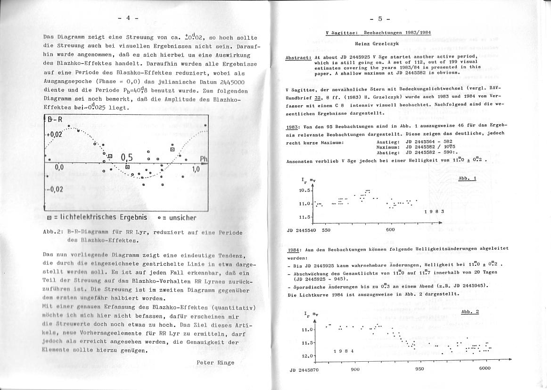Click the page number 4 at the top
(127, 18)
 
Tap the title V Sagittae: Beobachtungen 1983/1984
(378, 33)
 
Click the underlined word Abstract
(298, 58)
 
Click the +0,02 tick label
(54, 135)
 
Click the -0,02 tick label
(55, 189)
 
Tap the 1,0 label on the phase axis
(196, 169)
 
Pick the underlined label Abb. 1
(467, 178)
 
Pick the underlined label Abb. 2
(470, 312)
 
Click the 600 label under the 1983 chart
(390, 230)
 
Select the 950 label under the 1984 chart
(419, 369)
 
